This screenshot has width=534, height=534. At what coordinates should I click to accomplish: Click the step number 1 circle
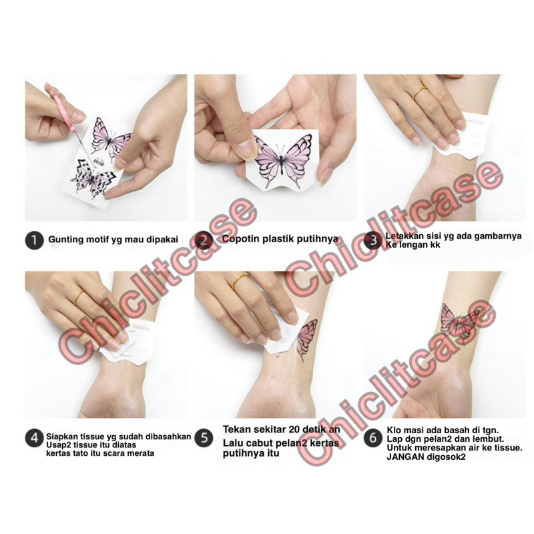pyautogui.click(x=34, y=240)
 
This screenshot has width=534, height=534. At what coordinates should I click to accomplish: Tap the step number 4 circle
pyautogui.click(x=34, y=438)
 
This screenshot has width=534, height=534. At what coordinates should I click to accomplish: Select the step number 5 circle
pyautogui.click(x=204, y=438)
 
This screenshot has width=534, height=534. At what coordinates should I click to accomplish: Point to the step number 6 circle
pyautogui.click(x=373, y=438)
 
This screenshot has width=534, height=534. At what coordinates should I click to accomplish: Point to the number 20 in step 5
pyautogui.click(x=294, y=429)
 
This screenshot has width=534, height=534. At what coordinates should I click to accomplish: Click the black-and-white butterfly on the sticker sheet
pyautogui.click(x=92, y=178)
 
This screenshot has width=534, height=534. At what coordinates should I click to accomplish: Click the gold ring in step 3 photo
pyautogui.click(x=420, y=93)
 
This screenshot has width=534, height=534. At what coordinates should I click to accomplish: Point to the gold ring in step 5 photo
pyautogui.click(x=240, y=280)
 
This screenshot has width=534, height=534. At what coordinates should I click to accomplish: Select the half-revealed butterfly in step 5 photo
pyautogui.click(x=306, y=338)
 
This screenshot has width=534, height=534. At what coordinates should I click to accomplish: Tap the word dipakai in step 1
pyautogui.click(x=162, y=240)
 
